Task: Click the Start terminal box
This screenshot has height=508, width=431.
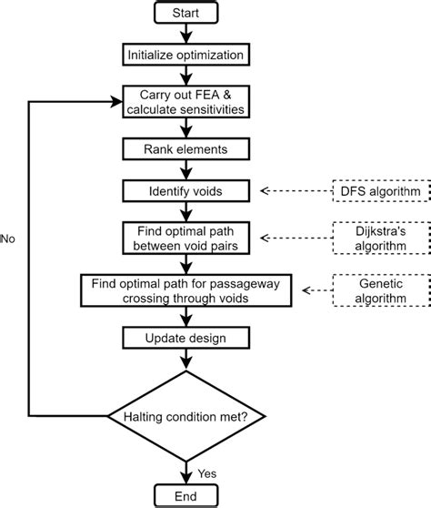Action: tap(186, 13)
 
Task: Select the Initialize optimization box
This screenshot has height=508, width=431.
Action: tap(186, 55)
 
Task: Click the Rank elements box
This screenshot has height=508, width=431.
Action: tap(186, 146)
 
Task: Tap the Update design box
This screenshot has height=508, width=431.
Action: tap(186, 339)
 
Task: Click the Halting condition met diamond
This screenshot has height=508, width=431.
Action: tap(186, 416)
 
